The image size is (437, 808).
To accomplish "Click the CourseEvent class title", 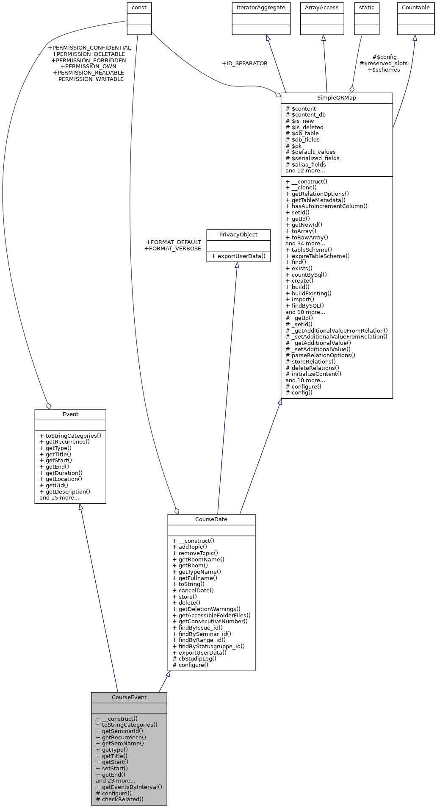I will pyautogui.click(x=129, y=697).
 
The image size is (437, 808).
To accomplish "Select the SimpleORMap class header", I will pyautogui.click(x=337, y=98).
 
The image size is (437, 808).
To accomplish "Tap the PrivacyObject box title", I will pyautogui.click(x=238, y=235).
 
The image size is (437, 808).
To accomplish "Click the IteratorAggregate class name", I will pyautogui.click(x=261, y=8).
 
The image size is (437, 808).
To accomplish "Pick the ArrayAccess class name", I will pyautogui.click(x=322, y=8).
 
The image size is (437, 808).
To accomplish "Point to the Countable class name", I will pyautogui.click(x=415, y=8).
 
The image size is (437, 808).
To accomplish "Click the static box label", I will pyautogui.click(x=366, y=8).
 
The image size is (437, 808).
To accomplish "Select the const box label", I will pyautogui.click(x=139, y=8).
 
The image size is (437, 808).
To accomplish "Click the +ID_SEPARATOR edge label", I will pyautogui.click(x=245, y=64).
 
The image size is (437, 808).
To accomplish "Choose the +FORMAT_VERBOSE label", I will pyautogui.click(x=173, y=249).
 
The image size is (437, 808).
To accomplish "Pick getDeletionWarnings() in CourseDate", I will pyautogui.click(x=209, y=609).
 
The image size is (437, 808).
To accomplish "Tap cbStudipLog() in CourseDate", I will pyautogui.click(x=197, y=658).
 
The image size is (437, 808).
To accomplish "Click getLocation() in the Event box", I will pyautogui.click(x=64, y=479).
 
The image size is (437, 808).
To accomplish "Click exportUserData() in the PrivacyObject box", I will pyautogui.click(x=241, y=256).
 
